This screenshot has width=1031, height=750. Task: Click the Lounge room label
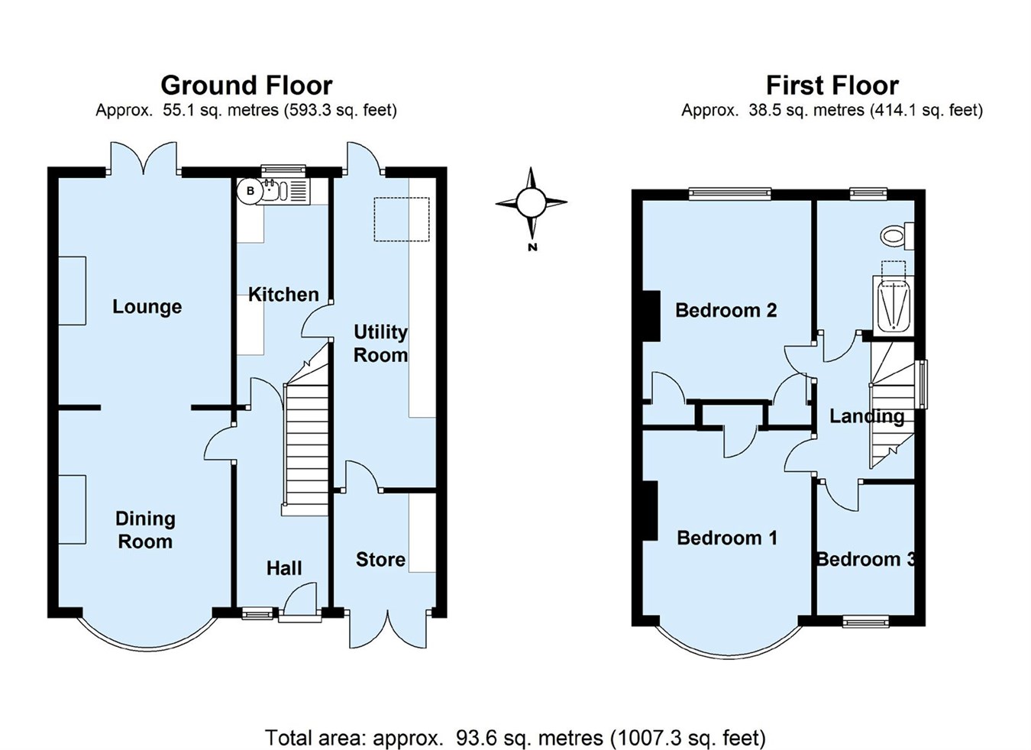(x=147, y=307)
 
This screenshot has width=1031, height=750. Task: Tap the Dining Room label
(x=145, y=530)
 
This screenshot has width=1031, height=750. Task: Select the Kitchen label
(x=283, y=294)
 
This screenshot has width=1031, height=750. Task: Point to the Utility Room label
(x=380, y=343)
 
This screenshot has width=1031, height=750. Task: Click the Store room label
(x=380, y=560)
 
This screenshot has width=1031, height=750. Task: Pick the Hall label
(x=284, y=567)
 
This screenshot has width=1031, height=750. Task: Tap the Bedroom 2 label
(x=726, y=310)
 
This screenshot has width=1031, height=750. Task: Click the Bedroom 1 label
(x=727, y=538)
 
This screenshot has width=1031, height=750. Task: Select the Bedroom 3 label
(x=865, y=559)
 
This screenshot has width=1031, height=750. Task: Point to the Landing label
(x=867, y=416)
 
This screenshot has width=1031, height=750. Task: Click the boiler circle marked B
(x=250, y=192)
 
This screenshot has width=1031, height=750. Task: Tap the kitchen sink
(x=273, y=192)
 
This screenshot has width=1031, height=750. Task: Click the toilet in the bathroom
(x=897, y=234)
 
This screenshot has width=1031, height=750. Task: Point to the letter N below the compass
(x=532, y=247)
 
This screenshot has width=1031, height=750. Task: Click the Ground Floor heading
(x=246, y=85)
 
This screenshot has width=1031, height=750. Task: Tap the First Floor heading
(x=832, y=85)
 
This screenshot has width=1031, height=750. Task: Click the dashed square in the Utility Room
(x=402, y=220)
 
